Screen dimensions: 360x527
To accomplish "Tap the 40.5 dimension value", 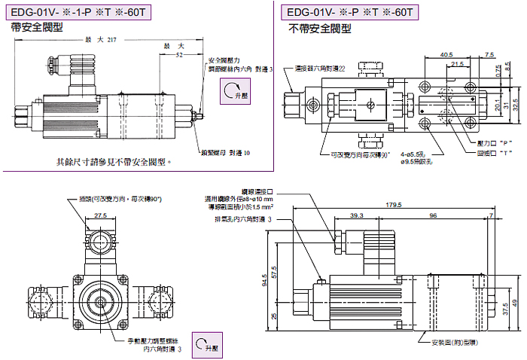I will tap(446, 54).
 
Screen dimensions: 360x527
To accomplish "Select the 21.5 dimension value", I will tap(457, 64).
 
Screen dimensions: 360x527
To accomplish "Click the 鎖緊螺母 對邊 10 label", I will tap(225, 152).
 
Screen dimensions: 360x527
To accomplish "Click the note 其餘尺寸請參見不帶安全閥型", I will tap(114, 161).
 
